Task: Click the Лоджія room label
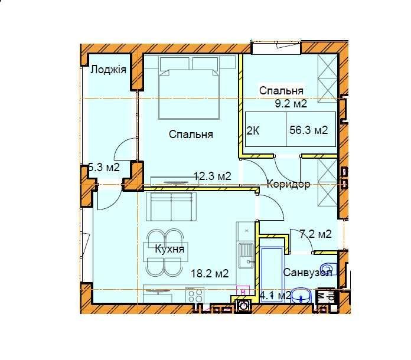click(x=108, y=70)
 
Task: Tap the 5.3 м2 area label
click(x=104, y=167)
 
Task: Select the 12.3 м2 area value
click(x=213, y=175)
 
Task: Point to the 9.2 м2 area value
click(x=291, y=104)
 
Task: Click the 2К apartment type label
click(x=252, y=131)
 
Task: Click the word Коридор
click(x=288, y=184)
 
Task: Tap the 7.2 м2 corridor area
click(x=315, y=234)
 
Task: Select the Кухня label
click(x=169, y=249)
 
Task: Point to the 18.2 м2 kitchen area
click(x=210, y=273)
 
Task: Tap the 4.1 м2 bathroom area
click(x=275, y=295)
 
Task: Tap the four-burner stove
click(x=195, y=295)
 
